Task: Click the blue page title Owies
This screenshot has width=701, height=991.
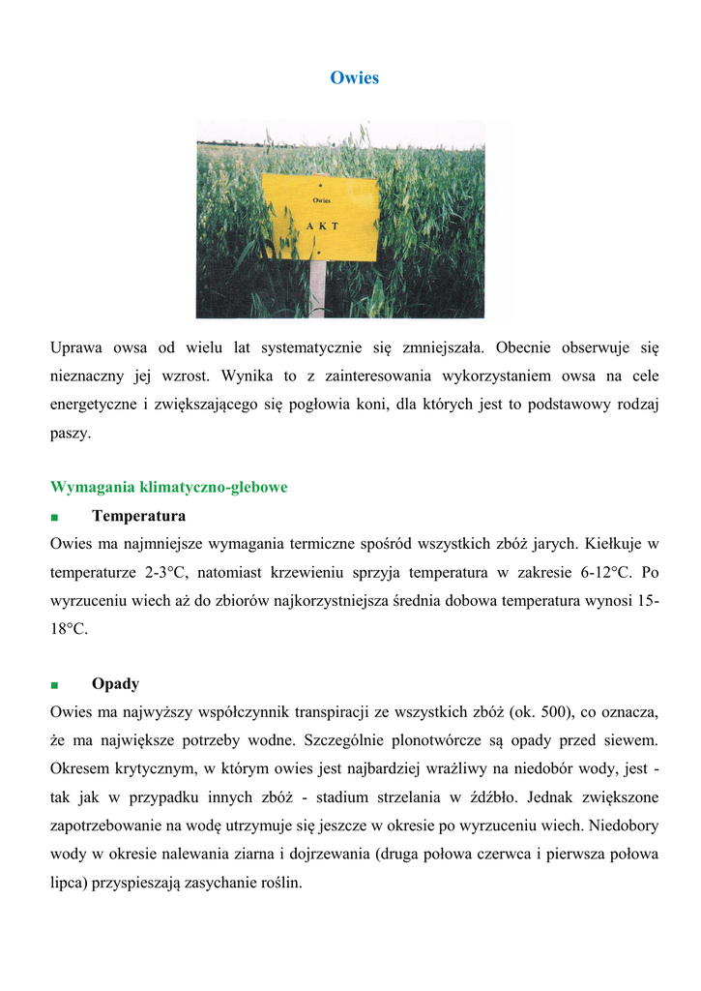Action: tap(354, 77)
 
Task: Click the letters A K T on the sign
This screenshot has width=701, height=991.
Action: tap(322, 225)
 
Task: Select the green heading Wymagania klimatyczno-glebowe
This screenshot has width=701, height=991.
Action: tap(168, 487)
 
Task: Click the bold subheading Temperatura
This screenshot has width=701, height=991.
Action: tap(138, 515)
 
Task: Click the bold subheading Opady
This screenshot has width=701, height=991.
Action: tap(115, 683)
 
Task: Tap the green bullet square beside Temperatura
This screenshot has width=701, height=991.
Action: tap(55, 517)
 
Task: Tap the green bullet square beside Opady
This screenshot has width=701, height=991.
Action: tap(55, 685)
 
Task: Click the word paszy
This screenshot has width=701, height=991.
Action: tap(71, 433)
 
